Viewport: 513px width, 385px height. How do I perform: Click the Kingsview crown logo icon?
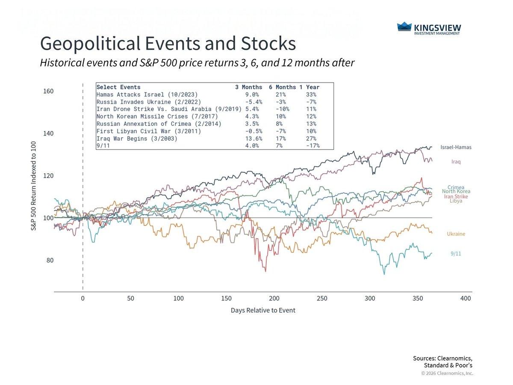[404, 27]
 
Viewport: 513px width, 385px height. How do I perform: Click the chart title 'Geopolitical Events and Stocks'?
[168, 44]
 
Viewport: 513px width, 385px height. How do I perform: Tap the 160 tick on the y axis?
[48, 92]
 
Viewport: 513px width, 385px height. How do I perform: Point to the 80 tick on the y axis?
[50, 260]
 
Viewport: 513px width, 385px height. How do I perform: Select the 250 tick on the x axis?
[322, 299]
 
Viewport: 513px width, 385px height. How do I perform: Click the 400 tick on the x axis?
[466, 299]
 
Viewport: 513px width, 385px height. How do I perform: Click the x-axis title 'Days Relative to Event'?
[263, 310]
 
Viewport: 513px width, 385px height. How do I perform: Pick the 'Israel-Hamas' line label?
[456, 147]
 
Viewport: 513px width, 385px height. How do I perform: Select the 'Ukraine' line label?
[456, 234]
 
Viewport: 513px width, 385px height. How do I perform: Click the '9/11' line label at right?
[456, 254]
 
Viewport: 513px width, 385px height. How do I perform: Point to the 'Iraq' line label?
[456, 162]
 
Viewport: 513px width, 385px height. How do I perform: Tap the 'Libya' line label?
[456, 201]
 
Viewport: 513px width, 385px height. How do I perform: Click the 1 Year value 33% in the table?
[312, 95]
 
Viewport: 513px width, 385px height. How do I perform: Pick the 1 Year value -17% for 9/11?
[313, 146]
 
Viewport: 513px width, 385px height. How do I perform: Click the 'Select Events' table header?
[118, 87]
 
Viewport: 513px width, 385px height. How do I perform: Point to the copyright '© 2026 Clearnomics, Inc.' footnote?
[447, 373]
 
